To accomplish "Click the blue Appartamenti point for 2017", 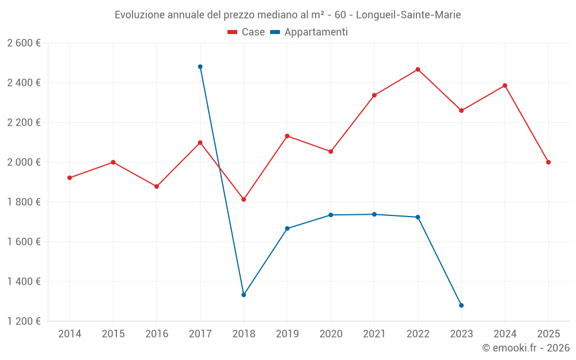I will (x=200, y=67).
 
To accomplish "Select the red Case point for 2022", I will (x=418, y=70).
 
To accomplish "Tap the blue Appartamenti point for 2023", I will (x=461, y=305).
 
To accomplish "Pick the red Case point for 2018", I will (x=244, y=199).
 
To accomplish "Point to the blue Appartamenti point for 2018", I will (x=244, y=295).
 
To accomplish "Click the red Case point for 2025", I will (x=548, y=162).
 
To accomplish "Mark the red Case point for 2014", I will (x=70, y=178).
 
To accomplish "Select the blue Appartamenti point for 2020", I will (x=331, y=215).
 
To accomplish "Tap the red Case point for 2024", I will (x=505, y=86).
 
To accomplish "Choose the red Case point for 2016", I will (x=157, y=187).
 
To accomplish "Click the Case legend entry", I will (x=247, y=32).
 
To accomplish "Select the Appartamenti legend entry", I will (x=309, y=32).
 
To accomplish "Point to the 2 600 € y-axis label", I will (x=24, y=43).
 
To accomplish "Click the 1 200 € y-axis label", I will (x=24, y=321).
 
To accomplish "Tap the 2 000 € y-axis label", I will (x=24, y=162).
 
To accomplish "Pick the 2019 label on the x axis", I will (x=287, y=334).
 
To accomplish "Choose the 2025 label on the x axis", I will (x=548, y=334).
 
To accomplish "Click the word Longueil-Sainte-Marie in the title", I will (x=408, y=14).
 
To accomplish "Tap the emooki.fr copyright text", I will (x=525, y=348).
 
